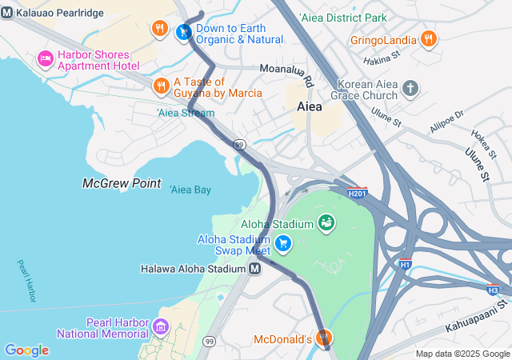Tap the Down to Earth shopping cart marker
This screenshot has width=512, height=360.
coord(184,32)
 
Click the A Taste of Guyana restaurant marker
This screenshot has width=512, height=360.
coord(161,86)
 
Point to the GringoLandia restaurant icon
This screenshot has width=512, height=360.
coord(428,39)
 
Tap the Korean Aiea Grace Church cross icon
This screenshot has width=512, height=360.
coord(410,88)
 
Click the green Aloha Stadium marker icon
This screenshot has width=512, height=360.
coord(326,222)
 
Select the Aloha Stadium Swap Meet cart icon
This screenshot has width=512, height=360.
coord(282,243)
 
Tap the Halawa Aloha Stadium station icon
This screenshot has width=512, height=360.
coord(254,269)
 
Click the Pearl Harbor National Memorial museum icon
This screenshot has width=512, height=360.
coord(161,326)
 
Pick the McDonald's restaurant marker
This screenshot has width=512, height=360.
coord(323,339)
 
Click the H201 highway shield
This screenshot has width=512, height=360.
coord(358,192)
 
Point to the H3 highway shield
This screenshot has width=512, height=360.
coord(494,289)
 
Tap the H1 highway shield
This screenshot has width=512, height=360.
coord(405,262)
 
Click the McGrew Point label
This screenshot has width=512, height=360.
coord(122,183)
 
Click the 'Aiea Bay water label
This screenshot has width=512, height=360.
coord(190,190)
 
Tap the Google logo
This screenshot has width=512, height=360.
coord(26,350)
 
